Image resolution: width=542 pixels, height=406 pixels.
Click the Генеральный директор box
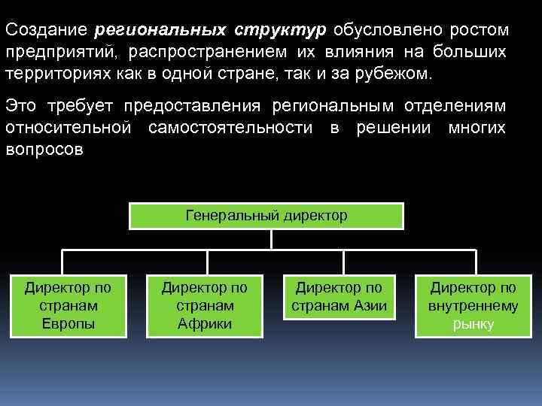pyautogui.click(x=266, y=216)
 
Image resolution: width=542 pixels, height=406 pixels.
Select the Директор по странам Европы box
pyautogui.click(x=68, y=305)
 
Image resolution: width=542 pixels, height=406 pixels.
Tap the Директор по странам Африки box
pyautogui.click(x=205, y=305)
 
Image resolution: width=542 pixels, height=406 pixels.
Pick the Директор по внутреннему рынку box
pyautogui.click(x=473, y=305)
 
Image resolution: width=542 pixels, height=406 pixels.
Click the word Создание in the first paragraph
pyautogui.click(x=47, y=31)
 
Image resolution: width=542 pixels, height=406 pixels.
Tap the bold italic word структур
pyautogui.click(x=280, y=31)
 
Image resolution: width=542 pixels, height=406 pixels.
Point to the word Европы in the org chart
pyautogui.click(x=68, y=324)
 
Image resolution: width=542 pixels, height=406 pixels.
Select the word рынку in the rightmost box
pyautogui.click(x=473, y=325)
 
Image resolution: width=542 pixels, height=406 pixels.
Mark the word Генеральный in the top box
pyautogui.click(x=233, y=216)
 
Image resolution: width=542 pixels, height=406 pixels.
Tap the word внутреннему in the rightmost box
pyautogui.click(x=473, y=306)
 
